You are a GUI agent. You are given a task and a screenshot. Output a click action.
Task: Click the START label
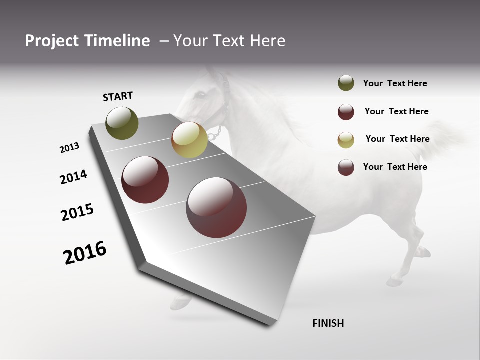pyautogui.click(x=118, y=96)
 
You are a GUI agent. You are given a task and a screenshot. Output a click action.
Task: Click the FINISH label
pyautogui.click(x=328, y=323)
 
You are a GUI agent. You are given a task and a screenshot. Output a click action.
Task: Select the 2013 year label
pyautogui.click(x=69, y=148)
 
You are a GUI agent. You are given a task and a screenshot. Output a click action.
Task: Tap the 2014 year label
pyautogui.click(x=74, y=177)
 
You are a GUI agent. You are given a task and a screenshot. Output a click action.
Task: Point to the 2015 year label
pyautogui.click(x=77, y=212)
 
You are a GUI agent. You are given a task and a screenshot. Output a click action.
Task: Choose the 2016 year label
pyautogui.click(x=85, y=253)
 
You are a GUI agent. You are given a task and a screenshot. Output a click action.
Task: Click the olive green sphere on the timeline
pyautogui.click(x=122, y=123)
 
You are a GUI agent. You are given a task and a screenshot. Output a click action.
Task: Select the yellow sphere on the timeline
pyautogui.click(x=189, y=140)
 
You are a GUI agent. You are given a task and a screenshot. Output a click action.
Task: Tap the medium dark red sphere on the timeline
pyautogui.click(x=145, y=180)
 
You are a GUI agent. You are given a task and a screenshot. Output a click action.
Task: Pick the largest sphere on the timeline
pyautogui.click(x=216, y=207)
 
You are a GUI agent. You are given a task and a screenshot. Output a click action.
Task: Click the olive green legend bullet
pyautogui.click(x=346, y=83)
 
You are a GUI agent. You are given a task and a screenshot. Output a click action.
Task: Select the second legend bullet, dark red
pyautogui.click(x=346, y=112)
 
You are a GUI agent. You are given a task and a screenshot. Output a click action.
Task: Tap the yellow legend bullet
pyautogui.click(x=346, y=139)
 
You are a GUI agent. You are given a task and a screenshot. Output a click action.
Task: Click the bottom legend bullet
pyautogui.click(x=346, y=167)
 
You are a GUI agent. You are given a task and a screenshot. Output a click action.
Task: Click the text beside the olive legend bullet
pyautogui.click(x=395, y=84)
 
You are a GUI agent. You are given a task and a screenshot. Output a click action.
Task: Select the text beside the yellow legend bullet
pyautogui.click(x=397, y=139)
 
